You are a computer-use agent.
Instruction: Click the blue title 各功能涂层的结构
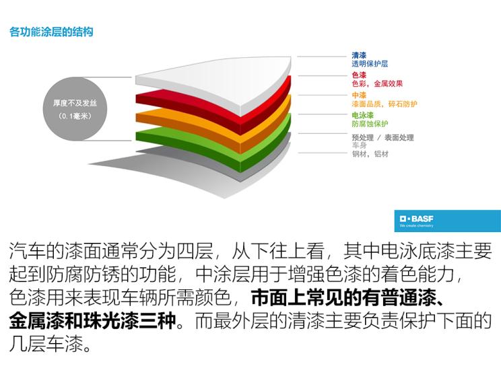point(51,32)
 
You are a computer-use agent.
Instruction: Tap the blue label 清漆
point(359,56)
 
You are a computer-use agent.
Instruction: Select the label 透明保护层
point(370,64)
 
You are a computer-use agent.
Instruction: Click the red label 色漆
point(359,75)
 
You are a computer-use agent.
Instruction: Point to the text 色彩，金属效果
point(377,83)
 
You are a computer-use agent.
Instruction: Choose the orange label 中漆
point(359,95)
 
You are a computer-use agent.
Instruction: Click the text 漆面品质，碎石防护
point(385,104)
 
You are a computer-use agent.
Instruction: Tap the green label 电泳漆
point(362,115)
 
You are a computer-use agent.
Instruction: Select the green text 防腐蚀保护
point(370,124)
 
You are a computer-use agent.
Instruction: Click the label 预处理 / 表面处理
point(382,137)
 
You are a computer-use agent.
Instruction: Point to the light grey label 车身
point(359,145)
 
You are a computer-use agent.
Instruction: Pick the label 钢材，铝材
point(370,154)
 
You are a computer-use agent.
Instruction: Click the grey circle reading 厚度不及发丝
point(75,109)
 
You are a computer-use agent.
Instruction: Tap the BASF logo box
point(447,221)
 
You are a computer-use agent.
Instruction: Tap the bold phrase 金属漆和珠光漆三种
point(92,321)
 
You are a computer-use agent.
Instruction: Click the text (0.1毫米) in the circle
point(75,116)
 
